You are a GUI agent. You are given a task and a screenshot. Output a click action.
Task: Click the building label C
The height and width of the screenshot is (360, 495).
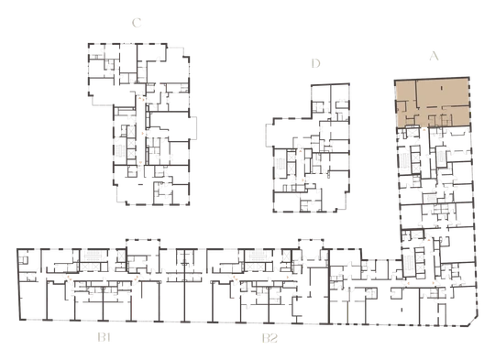pos(137,23)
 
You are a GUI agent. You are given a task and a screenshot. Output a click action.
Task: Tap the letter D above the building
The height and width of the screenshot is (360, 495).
pos(315,63)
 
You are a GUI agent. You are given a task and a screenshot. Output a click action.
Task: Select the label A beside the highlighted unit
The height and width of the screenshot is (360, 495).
pos(434,56)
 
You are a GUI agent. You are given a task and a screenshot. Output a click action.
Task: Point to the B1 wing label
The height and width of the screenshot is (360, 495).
pos(104,338)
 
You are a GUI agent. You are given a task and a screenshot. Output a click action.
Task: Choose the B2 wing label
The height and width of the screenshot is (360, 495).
pos(269,338)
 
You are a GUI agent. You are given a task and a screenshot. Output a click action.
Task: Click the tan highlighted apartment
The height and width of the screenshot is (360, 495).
pos(432,103)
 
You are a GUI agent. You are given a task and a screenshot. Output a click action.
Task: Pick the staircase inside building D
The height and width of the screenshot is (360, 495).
pos(280,165)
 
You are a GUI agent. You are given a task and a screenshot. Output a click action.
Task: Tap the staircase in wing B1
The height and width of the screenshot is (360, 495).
pos(93,256)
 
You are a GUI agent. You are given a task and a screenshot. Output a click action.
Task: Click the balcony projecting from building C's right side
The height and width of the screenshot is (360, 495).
pos(192,127)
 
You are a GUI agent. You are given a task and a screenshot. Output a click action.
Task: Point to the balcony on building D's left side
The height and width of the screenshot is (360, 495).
pos(269,136)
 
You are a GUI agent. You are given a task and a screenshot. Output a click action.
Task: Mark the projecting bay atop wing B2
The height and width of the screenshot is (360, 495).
pos(311,244)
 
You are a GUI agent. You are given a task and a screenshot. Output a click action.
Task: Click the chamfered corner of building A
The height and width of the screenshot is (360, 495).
pos(473,322)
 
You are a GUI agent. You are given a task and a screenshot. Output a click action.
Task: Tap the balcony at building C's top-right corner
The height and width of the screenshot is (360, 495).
pos(178,52)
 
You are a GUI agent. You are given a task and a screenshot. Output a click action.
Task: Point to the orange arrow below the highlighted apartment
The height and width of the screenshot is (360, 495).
pos(424,129)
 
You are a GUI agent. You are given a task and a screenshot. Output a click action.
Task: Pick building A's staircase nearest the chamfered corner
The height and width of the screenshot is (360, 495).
pos(408,263)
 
